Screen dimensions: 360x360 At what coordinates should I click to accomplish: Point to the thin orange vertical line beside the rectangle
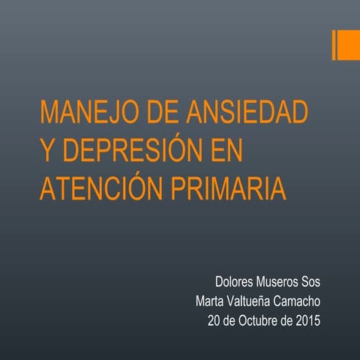pyautogui.click(x=333, y=45)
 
